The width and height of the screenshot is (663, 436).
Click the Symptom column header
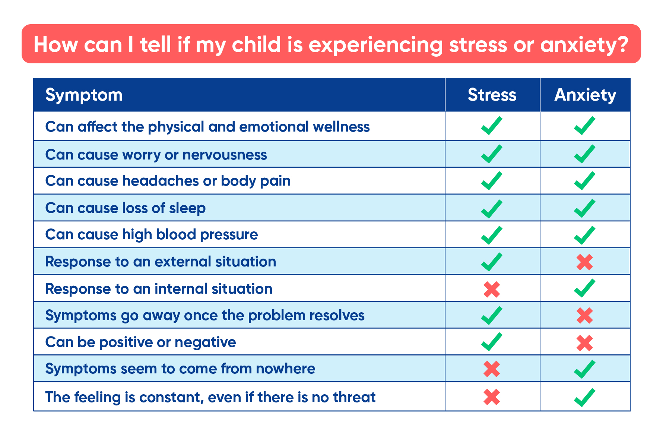pyautogui.click(x=84, y=95)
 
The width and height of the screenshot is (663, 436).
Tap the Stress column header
pyautogui.click(x=492, y=95)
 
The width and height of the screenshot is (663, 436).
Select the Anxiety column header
pyautogui.click(x=585, y=95)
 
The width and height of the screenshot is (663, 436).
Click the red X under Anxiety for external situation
pyautogui.click(x=584, y=262)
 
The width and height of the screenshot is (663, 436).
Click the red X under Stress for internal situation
pyautogui.click(x=491, y=289)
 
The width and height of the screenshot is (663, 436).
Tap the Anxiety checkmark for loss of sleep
pyautogui.click(x=584, y=208)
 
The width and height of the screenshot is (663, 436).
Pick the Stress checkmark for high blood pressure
pyautogui.click(x=491, y=235)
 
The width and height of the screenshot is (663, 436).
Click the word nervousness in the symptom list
pyautogui.click(x=225, y=155)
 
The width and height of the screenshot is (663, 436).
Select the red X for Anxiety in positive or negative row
pyautogui.click(x=584, y=343)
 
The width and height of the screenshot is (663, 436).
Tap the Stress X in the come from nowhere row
pyautogui.click(x=491, y=369)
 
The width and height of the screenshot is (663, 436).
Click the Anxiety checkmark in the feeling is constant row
pyautogui.click(x=584, y=397)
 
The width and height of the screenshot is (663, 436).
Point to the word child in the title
pyautogui.click(x=256, y=45)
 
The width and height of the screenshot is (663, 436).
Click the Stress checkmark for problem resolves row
pyautogui.click(x=491, y=315)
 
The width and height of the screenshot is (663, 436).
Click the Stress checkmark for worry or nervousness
pyautogui.click(x=491, y=154)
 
